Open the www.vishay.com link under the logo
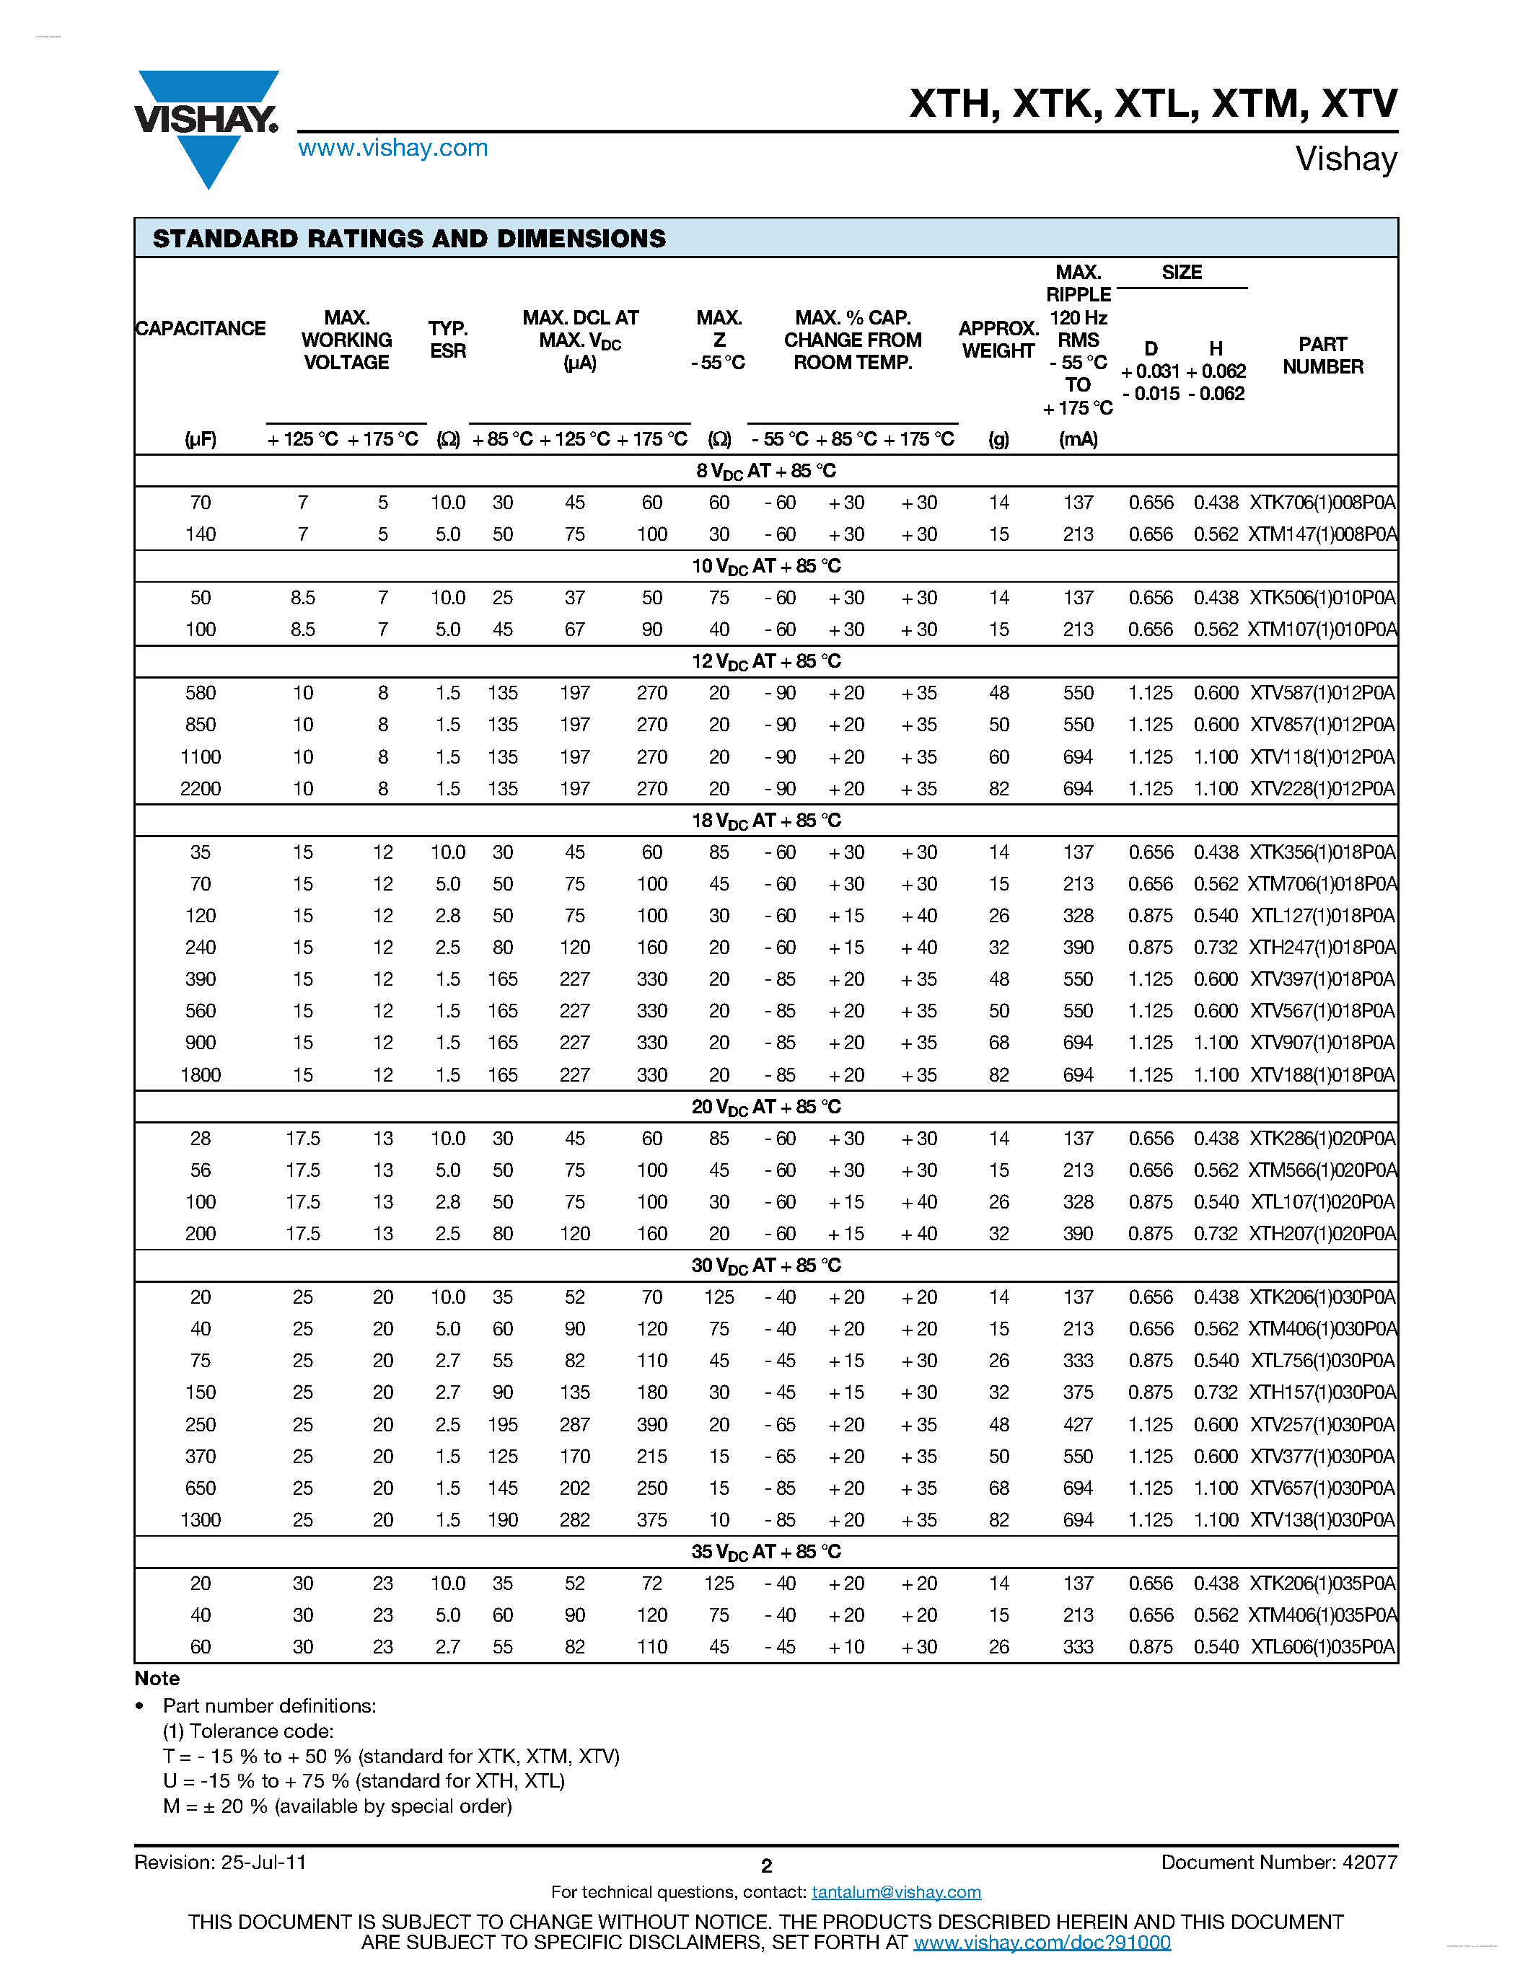pos(392,148)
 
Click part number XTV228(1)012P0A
pos(1322,789)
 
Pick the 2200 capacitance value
pos(200,789)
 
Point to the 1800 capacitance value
pos(200,1075)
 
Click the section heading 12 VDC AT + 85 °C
pos(765,662)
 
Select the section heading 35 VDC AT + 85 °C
pos(765,1552)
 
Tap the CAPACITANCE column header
pos(200,329)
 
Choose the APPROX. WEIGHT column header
pos(998,340)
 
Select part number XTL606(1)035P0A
pos(1322,1647)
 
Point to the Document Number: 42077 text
pos(1279,1863)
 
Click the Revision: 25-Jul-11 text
pos(220,1863)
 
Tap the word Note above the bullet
pos(157,1678)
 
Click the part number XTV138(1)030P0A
pos(1322,1520)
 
